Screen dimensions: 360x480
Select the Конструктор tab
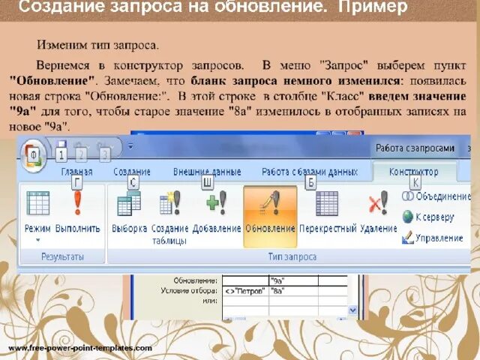pos(414,172)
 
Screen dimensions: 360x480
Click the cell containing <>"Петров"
pos(244,290)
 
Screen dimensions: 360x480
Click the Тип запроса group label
pos(292,256)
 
